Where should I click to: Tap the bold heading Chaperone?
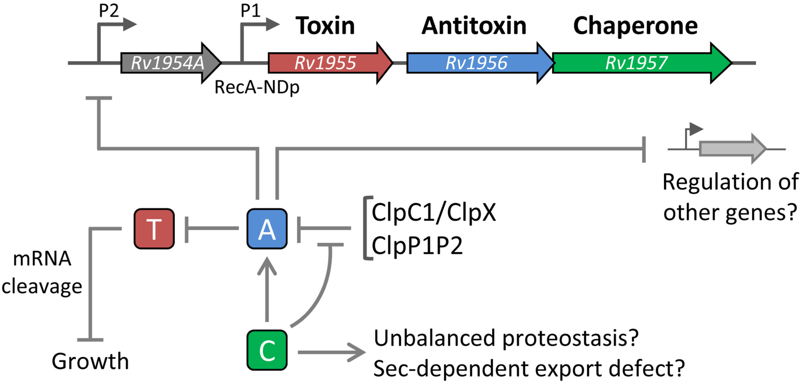pyautogui.click(x=635, y=27)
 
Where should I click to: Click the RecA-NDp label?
pyautogui.click(x=257, y=87)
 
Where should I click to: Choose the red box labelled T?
pyautogui.click(x=154, y=229)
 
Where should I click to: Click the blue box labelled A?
pyautogui.click(x=267, y=229)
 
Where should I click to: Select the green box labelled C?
pyautogui.click(x=267, y=350)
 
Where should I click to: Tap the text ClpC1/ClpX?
pyautogui.click(x=434, y=213)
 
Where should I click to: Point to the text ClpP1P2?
pyautogui.click(x=417, y=246)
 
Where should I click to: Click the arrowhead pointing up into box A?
pyautogui.click(x=267, y=266)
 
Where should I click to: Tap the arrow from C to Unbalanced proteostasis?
pyautogui.click(x=331, y=352)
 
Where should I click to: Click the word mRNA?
pyautogui.click(x=42, y=259)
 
